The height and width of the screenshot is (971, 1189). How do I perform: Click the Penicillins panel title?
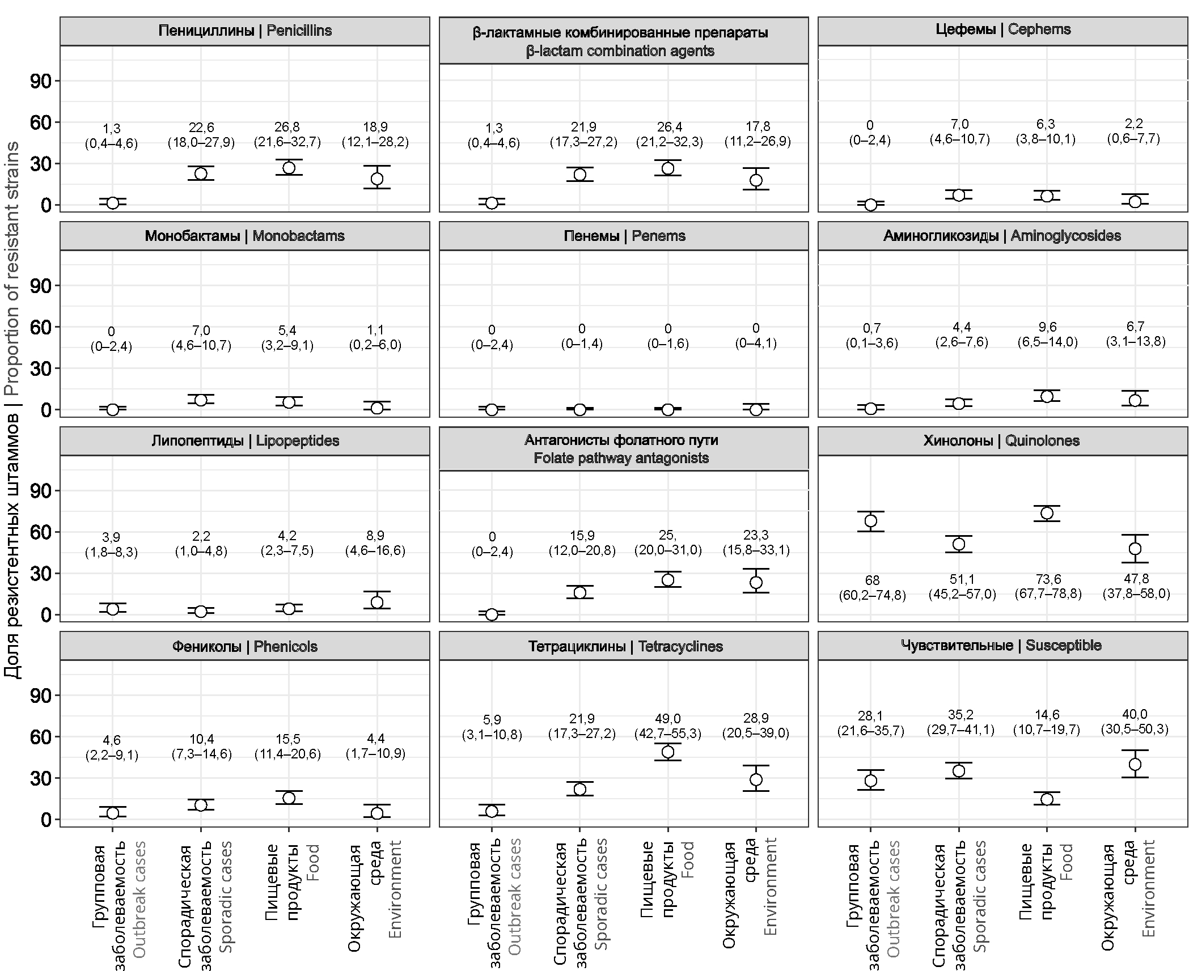pos(245,31)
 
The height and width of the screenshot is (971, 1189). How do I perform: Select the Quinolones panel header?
pos(1002,441)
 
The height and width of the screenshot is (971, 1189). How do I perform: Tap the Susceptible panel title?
pos(1002,646)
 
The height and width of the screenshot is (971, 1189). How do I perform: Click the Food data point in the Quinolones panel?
pos(1047,513)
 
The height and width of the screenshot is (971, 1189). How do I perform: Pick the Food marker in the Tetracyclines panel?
pos(668,752)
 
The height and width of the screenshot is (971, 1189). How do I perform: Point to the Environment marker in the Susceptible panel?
pos(1135,764)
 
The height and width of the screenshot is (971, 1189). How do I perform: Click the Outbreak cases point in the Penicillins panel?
pos(112,203)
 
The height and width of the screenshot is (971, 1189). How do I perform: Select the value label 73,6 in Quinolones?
pos(1048,579)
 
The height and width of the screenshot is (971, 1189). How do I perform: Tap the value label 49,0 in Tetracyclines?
pos(668,719)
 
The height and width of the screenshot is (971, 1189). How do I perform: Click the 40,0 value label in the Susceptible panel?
pos(1135,714)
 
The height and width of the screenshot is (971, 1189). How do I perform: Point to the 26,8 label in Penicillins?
pos(287,127)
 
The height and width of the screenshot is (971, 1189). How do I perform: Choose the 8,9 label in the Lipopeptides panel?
pos(375,536)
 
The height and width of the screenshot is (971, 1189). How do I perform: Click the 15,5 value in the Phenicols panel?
pos(287,739)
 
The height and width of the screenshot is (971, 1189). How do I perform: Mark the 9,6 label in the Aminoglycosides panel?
pos(1047,327)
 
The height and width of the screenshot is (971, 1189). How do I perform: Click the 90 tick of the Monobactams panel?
pos(40,286)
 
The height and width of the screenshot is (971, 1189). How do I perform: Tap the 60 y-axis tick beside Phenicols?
pos(40,737)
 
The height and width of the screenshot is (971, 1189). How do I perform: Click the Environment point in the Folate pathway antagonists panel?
pos(756,582)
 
